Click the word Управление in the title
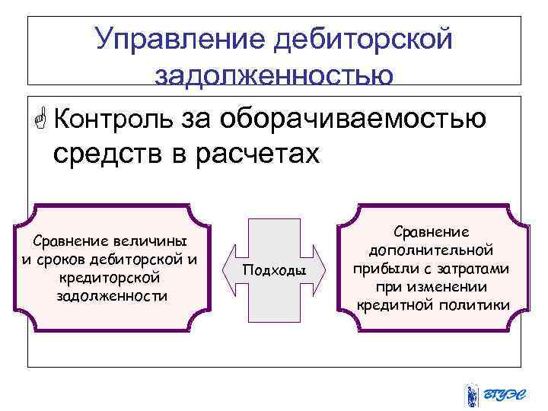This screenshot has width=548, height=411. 176,37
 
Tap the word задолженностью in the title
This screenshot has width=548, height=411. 274,74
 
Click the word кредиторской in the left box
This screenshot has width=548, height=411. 112,278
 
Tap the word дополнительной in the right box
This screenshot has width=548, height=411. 432,250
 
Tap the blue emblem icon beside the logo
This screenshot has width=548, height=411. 473,394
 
